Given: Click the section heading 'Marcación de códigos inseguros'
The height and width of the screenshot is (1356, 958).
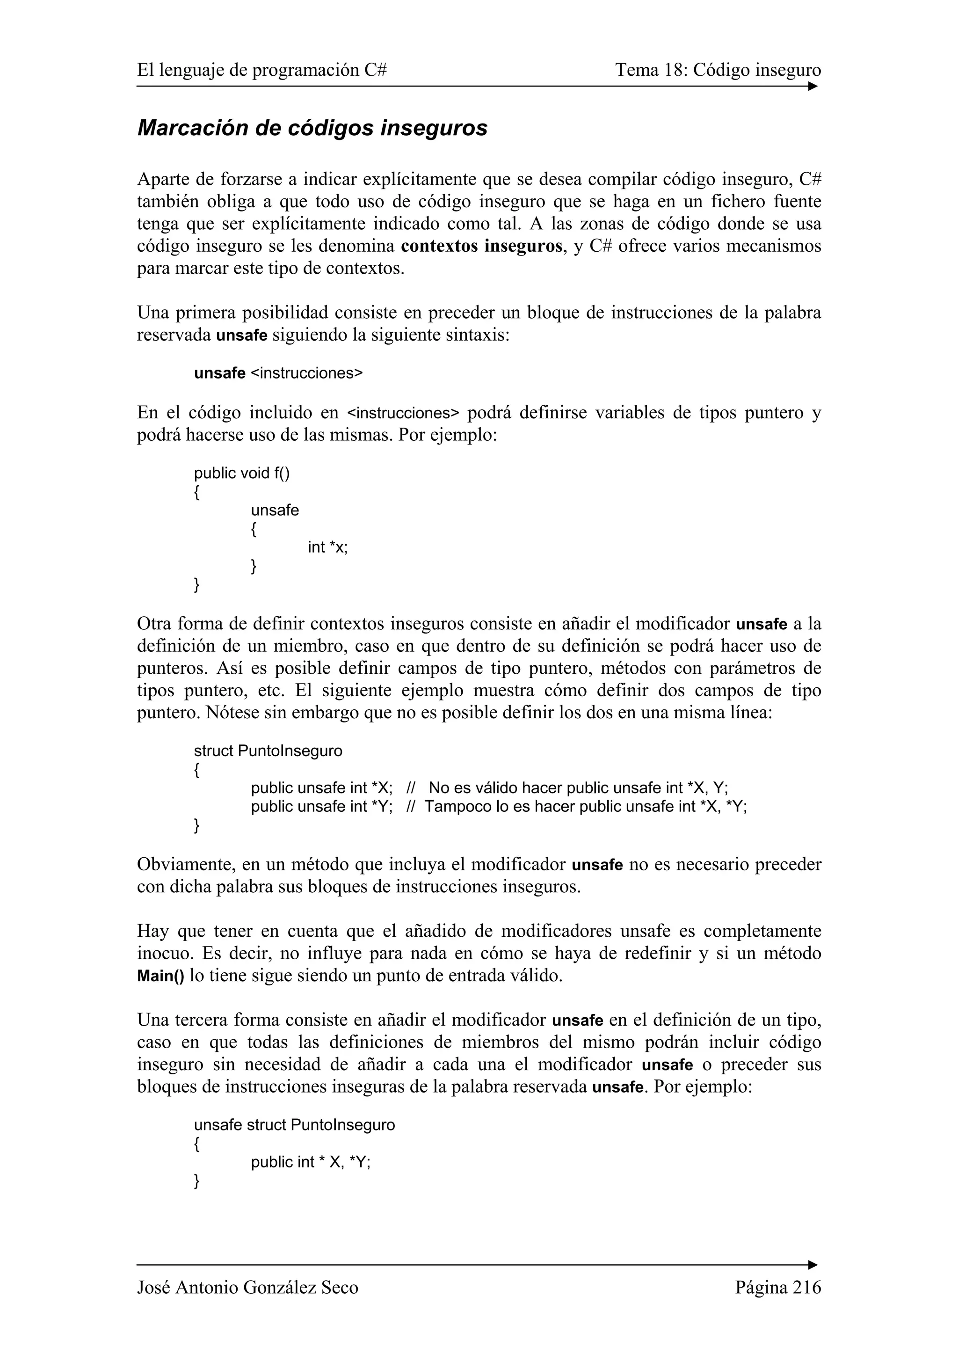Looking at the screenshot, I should click(312, 128).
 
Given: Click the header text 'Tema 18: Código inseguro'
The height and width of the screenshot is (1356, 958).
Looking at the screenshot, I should click(718, 70).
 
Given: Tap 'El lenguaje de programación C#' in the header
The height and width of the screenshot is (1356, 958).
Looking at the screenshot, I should click(261, 70).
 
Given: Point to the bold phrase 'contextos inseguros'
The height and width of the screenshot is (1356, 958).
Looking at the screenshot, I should click(481, 246).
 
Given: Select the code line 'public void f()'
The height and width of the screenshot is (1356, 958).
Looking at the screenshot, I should click(242, 473).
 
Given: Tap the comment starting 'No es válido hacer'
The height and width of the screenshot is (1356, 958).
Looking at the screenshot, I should click(577, 788).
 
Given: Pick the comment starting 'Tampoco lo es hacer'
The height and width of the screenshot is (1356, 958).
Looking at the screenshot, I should click(584, 806).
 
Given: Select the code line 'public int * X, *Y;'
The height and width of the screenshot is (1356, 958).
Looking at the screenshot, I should click(311, 1162).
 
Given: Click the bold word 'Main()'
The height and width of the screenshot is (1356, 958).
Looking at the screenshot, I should click(160, 976).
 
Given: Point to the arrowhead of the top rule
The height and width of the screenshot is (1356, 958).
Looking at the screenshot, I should click(813, 86).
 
